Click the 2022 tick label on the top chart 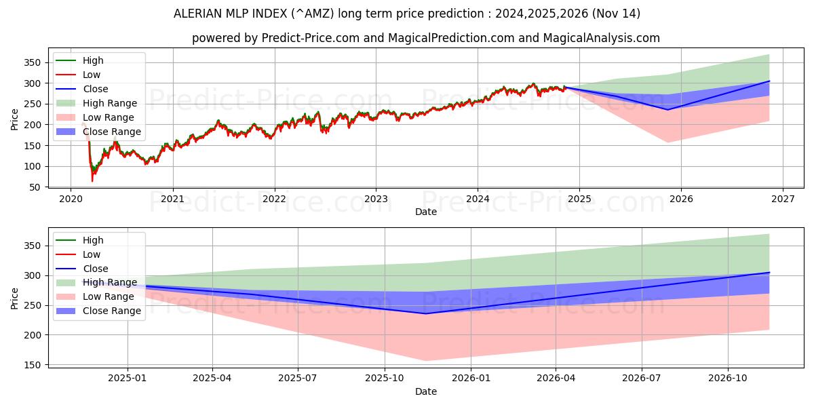[274, 199]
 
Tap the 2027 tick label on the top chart [782, 199]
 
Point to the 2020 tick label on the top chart [71, 199]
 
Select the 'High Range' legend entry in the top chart [109, 103]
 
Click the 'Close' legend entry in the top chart [95, 89]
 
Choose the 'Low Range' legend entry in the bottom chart [109, 296]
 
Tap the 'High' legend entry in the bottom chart [93, 240]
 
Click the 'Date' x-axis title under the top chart [426, 212]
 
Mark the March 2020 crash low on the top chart [92, 181]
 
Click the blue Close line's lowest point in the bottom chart [425, 313]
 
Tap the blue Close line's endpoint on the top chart [769, 81]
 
